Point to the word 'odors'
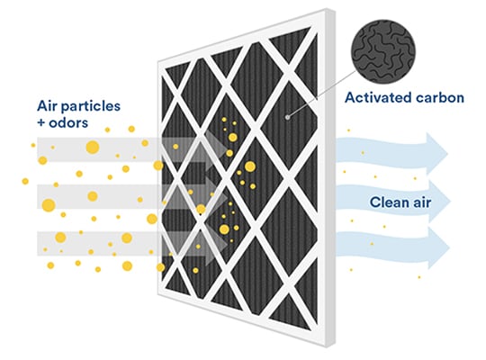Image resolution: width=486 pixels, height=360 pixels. coord(68,122)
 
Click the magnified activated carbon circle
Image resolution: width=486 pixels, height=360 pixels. coord(383,52)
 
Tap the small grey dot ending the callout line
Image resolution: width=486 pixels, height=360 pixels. coord(288,117)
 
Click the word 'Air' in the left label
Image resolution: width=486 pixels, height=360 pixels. coord(48,105)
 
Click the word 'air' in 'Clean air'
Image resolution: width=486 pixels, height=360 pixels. coord(422,203)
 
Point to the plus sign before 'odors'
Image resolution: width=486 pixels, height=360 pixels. coord(41,123)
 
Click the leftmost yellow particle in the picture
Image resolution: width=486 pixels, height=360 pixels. coord(25,181)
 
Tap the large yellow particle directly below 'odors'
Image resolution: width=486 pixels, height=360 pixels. coord(93,147)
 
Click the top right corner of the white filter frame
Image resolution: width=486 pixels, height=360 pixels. coord(335,9)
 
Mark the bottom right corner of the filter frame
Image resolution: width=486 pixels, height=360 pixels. coord(335,343)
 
